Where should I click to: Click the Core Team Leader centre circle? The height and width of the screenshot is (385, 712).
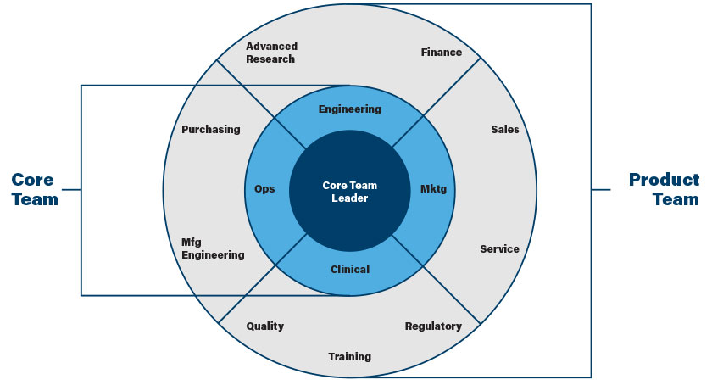[x=350, y=191]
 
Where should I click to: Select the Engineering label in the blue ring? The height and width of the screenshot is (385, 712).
[x=350, y=109]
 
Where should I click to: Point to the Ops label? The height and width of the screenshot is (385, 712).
[x=264, y=188]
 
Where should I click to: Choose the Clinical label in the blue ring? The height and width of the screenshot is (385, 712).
[x=350, y=270]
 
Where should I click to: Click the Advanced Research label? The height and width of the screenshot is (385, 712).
[x=271, y=53]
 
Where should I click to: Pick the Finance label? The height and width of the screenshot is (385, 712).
[x=442, y=53]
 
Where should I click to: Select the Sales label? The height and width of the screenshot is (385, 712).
[x=505, y=130]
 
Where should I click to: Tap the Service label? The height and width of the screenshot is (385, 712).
[x=499, y=249]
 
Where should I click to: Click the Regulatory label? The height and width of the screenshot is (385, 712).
[x=433, y=326]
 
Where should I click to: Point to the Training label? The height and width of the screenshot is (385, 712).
[x=350, y=357]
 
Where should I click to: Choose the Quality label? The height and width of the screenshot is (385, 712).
[x=264, y=326]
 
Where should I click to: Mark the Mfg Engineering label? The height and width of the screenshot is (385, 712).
[x=213, y=248]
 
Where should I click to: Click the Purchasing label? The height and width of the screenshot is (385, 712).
[x=211, y=130]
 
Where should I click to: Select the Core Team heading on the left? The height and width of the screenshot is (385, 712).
[x=34, y=190]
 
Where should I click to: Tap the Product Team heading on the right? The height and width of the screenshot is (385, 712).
[x=664, y=190]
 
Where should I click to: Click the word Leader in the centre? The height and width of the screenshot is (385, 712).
[x=350, y=198]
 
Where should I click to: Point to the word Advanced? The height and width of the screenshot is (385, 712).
[x=271, y=47]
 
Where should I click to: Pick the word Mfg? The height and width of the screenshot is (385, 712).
[x=192, y=242]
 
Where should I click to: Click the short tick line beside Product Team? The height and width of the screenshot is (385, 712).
[x=601, y=190]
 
